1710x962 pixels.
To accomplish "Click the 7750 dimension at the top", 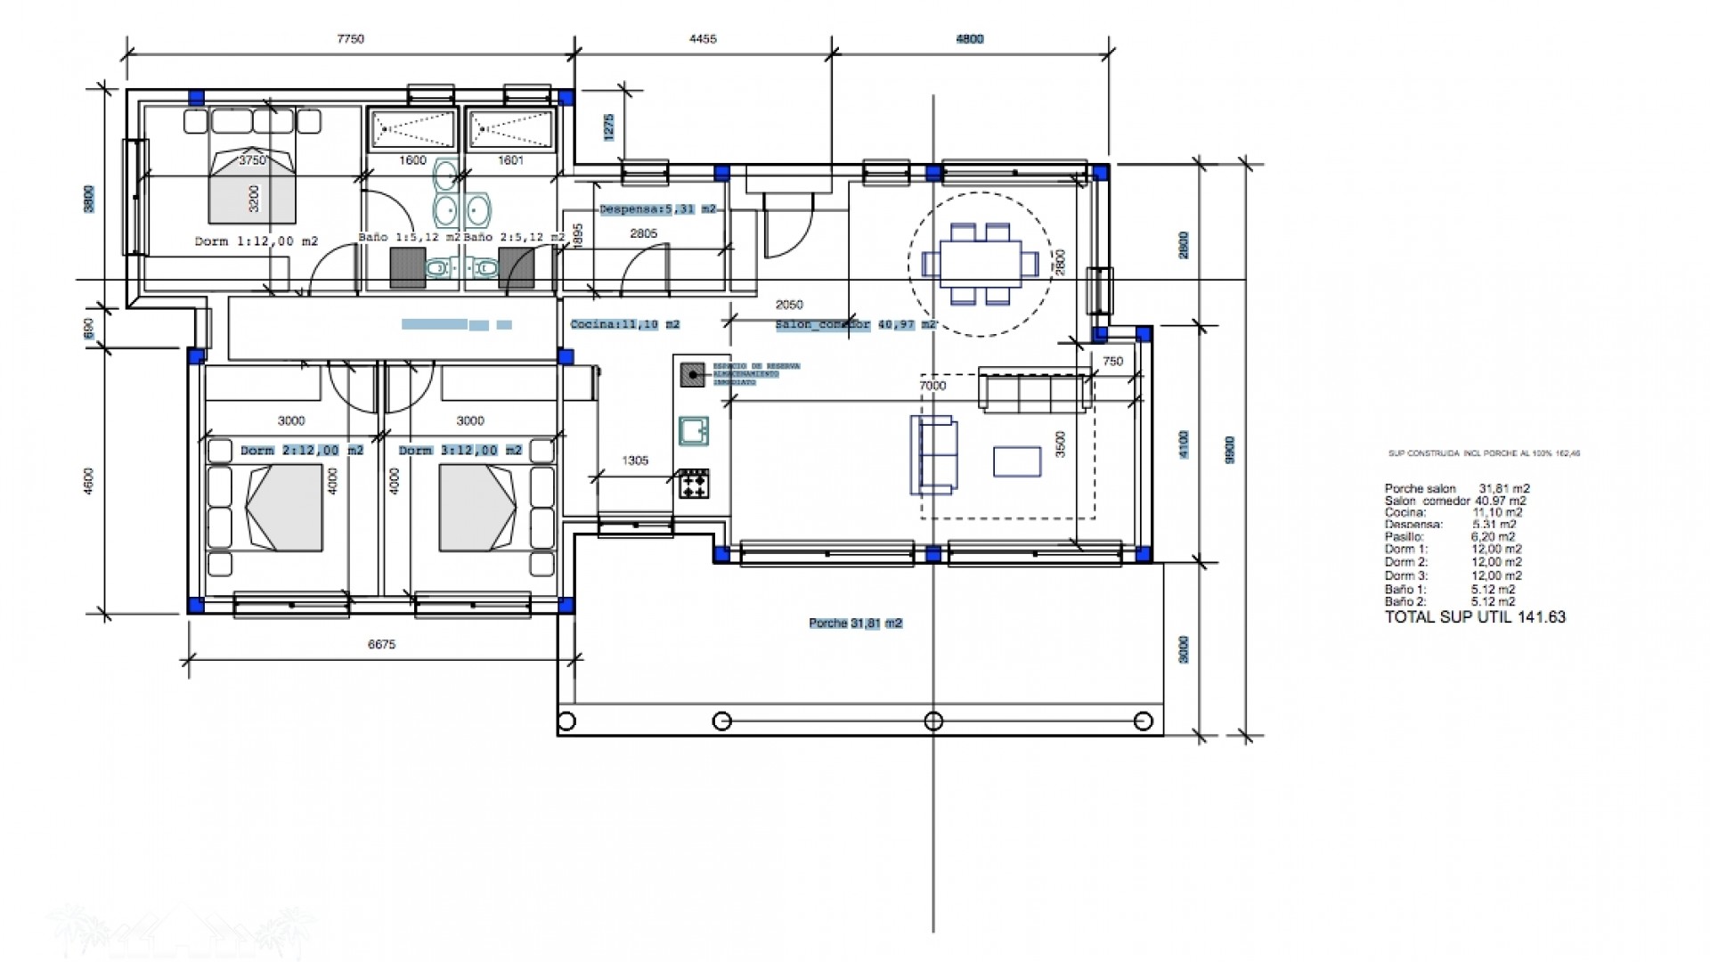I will click(350, 39).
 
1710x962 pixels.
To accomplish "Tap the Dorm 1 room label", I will click(256, 241).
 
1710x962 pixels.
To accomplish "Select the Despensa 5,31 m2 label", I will click(657, 209).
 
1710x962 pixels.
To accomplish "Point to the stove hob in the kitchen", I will click(694, 485).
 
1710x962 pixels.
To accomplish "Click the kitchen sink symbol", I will click(694, 430).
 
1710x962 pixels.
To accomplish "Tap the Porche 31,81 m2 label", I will click(855, 624).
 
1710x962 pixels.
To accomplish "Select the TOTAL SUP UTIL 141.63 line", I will click(1475, 617).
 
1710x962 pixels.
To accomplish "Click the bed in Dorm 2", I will click(284, 509).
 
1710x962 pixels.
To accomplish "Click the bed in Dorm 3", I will click(476, 509).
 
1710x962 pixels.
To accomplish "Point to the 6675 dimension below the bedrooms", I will click(381, 644).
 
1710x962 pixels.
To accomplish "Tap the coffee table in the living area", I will click(1017, 461).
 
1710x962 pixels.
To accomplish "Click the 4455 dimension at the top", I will click(703, 39).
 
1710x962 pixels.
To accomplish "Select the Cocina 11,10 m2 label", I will click(624, 324).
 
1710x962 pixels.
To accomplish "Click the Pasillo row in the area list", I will click(1449, 537).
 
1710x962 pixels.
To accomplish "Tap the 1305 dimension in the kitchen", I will click(635, 461).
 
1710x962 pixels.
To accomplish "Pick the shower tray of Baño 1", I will click(412, 130).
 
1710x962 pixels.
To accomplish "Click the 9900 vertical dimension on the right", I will click(1230, 450).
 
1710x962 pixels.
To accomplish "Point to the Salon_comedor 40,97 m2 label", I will click(856, 325).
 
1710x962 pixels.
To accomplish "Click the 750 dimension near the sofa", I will click(1112, 362).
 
